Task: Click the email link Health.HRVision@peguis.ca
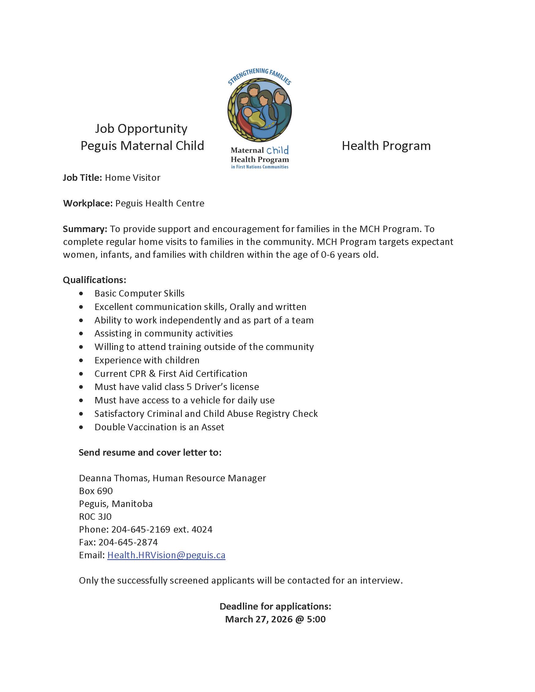(x=166, y=555)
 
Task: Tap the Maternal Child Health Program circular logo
(x=260, y=110)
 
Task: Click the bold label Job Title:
(x=82, y=177)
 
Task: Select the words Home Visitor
(x=133, y=177)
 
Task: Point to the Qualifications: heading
(x=94, y=280)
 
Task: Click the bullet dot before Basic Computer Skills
(x=82, y=294)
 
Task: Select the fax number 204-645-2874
(x=128, y=542)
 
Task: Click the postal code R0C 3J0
(x=95, y=516)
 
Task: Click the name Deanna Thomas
(x=113, y=478)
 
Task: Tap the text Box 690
(x=96, y=491)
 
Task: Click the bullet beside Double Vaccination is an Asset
(x=82, y=428)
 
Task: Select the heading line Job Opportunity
(x=141, y=129)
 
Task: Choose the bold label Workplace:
(x=88, y=203)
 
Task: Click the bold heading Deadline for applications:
(x=275, y=606)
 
